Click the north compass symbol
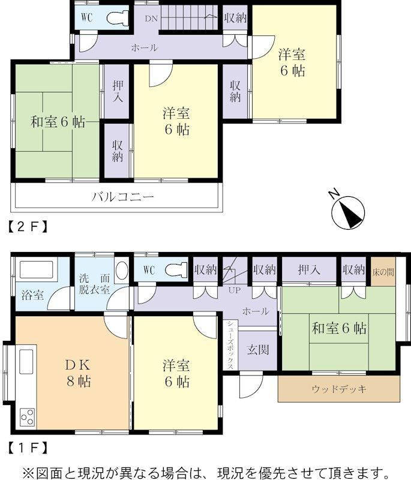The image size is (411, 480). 347,212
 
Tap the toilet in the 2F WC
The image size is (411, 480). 118,17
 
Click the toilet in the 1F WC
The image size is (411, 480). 176,271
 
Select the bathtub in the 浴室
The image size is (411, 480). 37,269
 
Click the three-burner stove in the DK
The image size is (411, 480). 28,417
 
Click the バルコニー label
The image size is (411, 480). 122,197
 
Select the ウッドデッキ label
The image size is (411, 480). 339,389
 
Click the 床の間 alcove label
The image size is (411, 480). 383,272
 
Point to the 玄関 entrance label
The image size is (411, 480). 258,349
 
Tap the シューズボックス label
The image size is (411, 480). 230,344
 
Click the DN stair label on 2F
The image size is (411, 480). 151,19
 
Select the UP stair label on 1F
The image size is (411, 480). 235,290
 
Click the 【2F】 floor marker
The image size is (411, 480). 28,227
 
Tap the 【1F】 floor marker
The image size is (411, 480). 28,448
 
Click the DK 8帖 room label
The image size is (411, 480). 79,373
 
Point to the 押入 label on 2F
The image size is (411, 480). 118,91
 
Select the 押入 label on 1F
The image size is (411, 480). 309,269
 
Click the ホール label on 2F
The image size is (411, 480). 145,48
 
